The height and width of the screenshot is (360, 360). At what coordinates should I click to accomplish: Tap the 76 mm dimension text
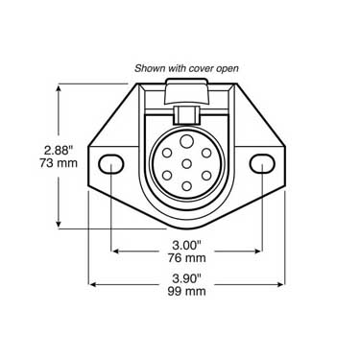pyautogui.click(x=186, y=257)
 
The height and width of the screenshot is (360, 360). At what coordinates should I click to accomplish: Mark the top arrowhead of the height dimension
pyautogui.click(x=61, y=87)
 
